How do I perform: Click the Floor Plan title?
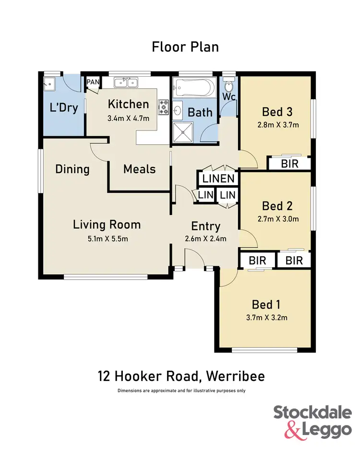click(x=185, y=47)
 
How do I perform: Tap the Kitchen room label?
click(x=128, y=104)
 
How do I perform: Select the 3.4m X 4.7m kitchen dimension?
click(x=128, y=118)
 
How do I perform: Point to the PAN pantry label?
click(x=93, y=82)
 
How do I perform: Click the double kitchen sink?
click(x=126, y=83)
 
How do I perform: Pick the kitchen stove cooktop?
click(x=163, y=106)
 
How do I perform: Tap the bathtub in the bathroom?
click(x=194, y=89)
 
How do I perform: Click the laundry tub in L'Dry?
click(x=49, y=84)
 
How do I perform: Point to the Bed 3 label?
click(x=277, y=112)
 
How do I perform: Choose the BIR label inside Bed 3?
click(x=289, y=164)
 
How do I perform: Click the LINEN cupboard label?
click(x=218, y=179)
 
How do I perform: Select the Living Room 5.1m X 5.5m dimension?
click(x=107, y=238)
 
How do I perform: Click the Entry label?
click(x=205, y=226)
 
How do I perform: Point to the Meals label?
click(x=139, y=169)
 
